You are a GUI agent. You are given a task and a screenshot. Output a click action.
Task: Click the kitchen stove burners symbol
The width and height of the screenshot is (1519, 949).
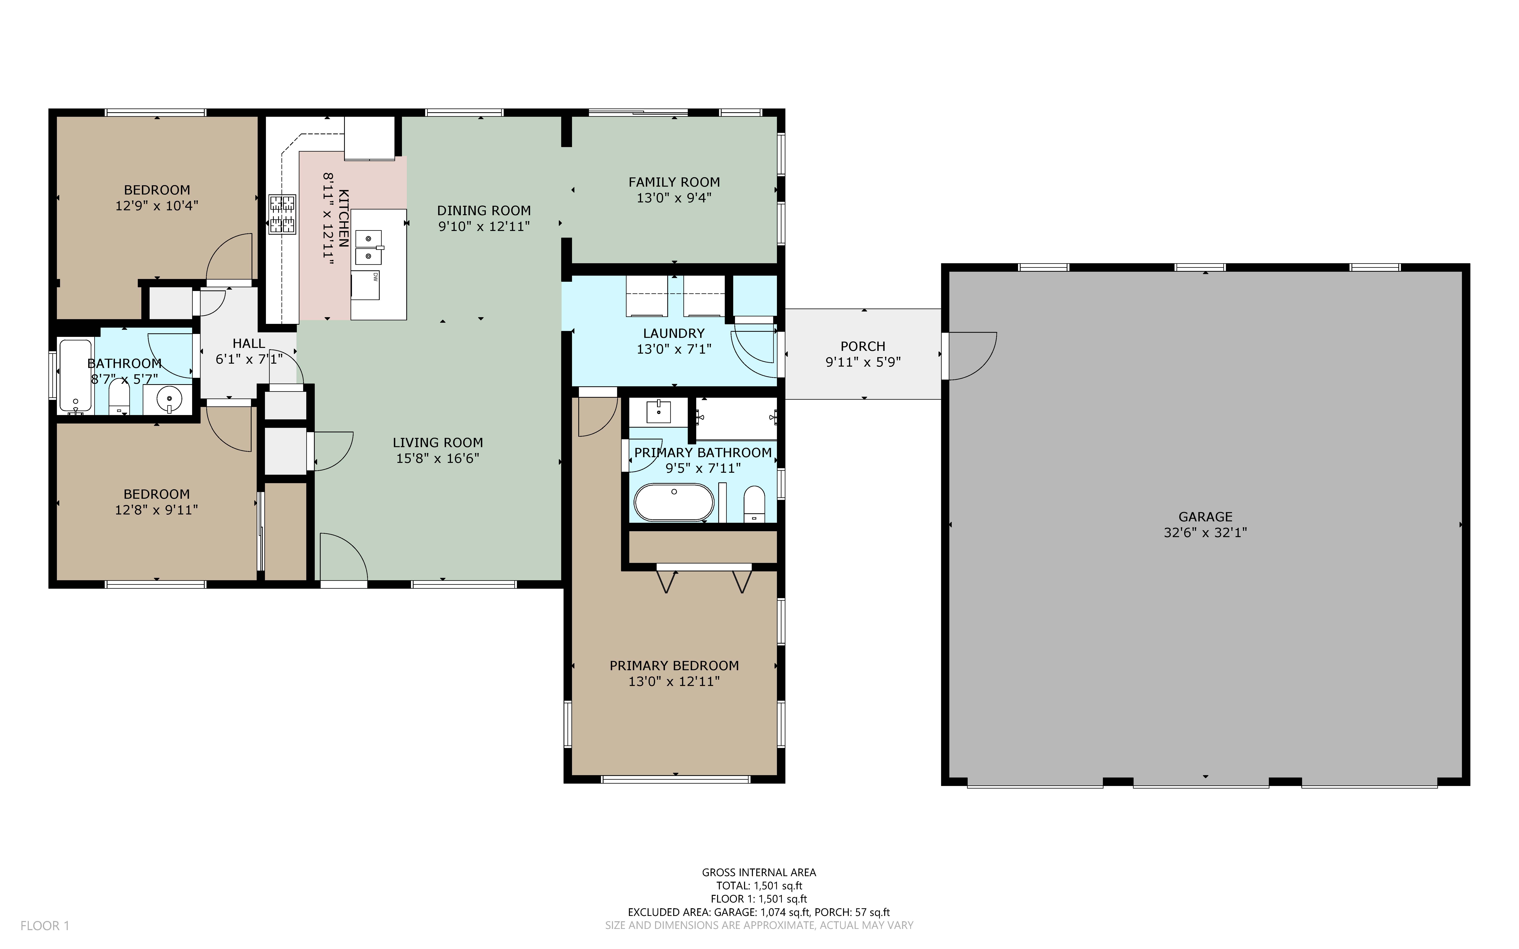coord(282,214)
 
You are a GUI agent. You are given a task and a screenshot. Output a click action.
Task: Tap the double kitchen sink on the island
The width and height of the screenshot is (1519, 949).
coord(369,247)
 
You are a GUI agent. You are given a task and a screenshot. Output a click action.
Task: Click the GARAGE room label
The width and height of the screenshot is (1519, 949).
coord(1205,517)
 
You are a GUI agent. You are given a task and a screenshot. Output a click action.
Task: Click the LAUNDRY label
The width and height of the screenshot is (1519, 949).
coord(673,333)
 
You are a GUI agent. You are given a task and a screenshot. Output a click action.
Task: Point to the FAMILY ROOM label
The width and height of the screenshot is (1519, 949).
coord(674,182)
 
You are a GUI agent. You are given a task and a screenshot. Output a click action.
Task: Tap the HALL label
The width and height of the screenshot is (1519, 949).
coord(248,343)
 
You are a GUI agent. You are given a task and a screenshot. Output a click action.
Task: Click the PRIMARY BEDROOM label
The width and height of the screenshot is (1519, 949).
coord(674,665)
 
